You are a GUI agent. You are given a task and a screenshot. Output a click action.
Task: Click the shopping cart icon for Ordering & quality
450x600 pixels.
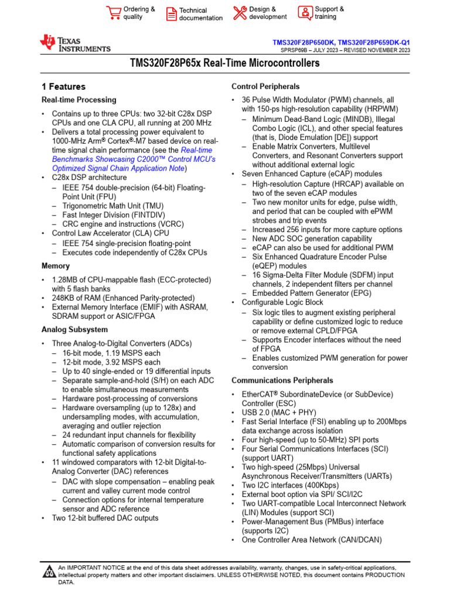113,12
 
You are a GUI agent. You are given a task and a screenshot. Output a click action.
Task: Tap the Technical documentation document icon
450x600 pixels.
171,13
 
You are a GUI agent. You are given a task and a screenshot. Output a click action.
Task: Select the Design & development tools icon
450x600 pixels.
240,12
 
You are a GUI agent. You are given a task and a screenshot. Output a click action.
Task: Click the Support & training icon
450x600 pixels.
305,12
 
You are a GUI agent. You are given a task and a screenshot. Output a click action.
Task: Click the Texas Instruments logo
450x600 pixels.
74,43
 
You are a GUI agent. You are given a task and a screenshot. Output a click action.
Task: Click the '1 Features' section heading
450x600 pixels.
63,86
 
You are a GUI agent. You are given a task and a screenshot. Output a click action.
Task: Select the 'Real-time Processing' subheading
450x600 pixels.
79,100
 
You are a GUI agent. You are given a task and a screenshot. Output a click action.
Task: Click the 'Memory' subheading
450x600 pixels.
55,265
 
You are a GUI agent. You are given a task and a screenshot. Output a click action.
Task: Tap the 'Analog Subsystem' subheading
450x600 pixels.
74,329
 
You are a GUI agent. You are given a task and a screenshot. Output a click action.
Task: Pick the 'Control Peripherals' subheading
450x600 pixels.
265,86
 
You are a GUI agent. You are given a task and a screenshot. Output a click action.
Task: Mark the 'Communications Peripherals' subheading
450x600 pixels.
282,380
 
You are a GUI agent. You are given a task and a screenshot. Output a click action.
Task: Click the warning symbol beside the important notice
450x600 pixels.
49,572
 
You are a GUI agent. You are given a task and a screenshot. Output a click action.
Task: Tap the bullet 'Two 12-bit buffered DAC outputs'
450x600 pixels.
105,518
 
